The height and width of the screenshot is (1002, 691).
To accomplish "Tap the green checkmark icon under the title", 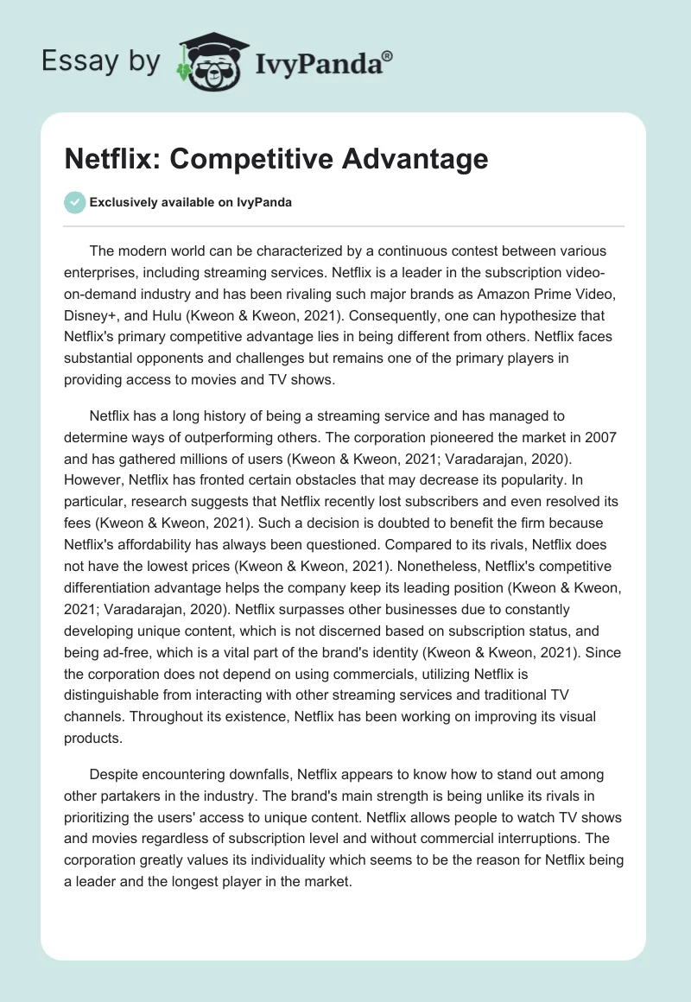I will (x=75, y=202).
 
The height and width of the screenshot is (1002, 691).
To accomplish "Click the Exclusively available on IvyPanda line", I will (x=191, y=202).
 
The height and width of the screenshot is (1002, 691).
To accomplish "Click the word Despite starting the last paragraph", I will (x=114, y=774).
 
